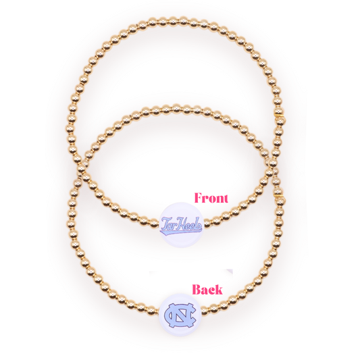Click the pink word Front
[211, 198]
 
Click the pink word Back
[207, 289]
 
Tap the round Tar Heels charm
[182, 225]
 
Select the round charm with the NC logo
[180, 315]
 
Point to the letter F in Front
[199, 198]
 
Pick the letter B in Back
[197, 289]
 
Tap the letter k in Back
[219, 289]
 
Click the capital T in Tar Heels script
[165, 224]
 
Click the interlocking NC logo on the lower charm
[180, 315]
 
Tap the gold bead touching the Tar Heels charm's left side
[155, 224]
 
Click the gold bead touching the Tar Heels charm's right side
[207, 223]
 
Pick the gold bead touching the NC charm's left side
[156, 311]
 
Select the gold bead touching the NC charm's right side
[205, 310]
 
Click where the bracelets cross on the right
[273, 163]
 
